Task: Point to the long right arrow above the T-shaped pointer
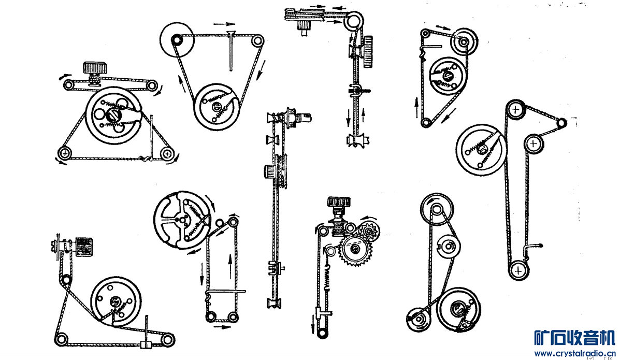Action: [224, 24]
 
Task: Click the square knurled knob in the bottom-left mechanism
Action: [84, 246]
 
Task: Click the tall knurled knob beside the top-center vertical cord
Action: [368, 52]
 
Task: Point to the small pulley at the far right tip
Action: [561, 123]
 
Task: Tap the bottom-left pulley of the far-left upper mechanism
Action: [64, 153]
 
